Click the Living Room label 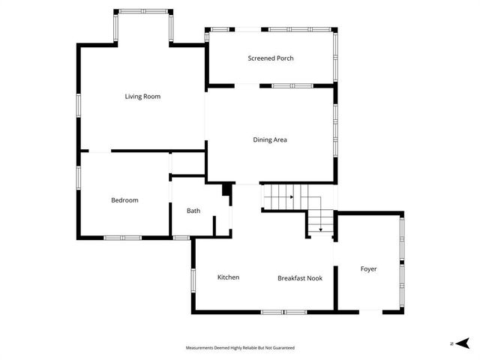[142, 96]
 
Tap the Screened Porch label [271, 58]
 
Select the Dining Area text [270, 139]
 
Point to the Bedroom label [124, 200]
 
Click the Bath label [193, 211]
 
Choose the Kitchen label [228, 277]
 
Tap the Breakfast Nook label [300, 278]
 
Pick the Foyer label [368, 268]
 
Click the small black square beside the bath [226, 191]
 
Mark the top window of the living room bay [142, 11]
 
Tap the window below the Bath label [180, 238]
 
